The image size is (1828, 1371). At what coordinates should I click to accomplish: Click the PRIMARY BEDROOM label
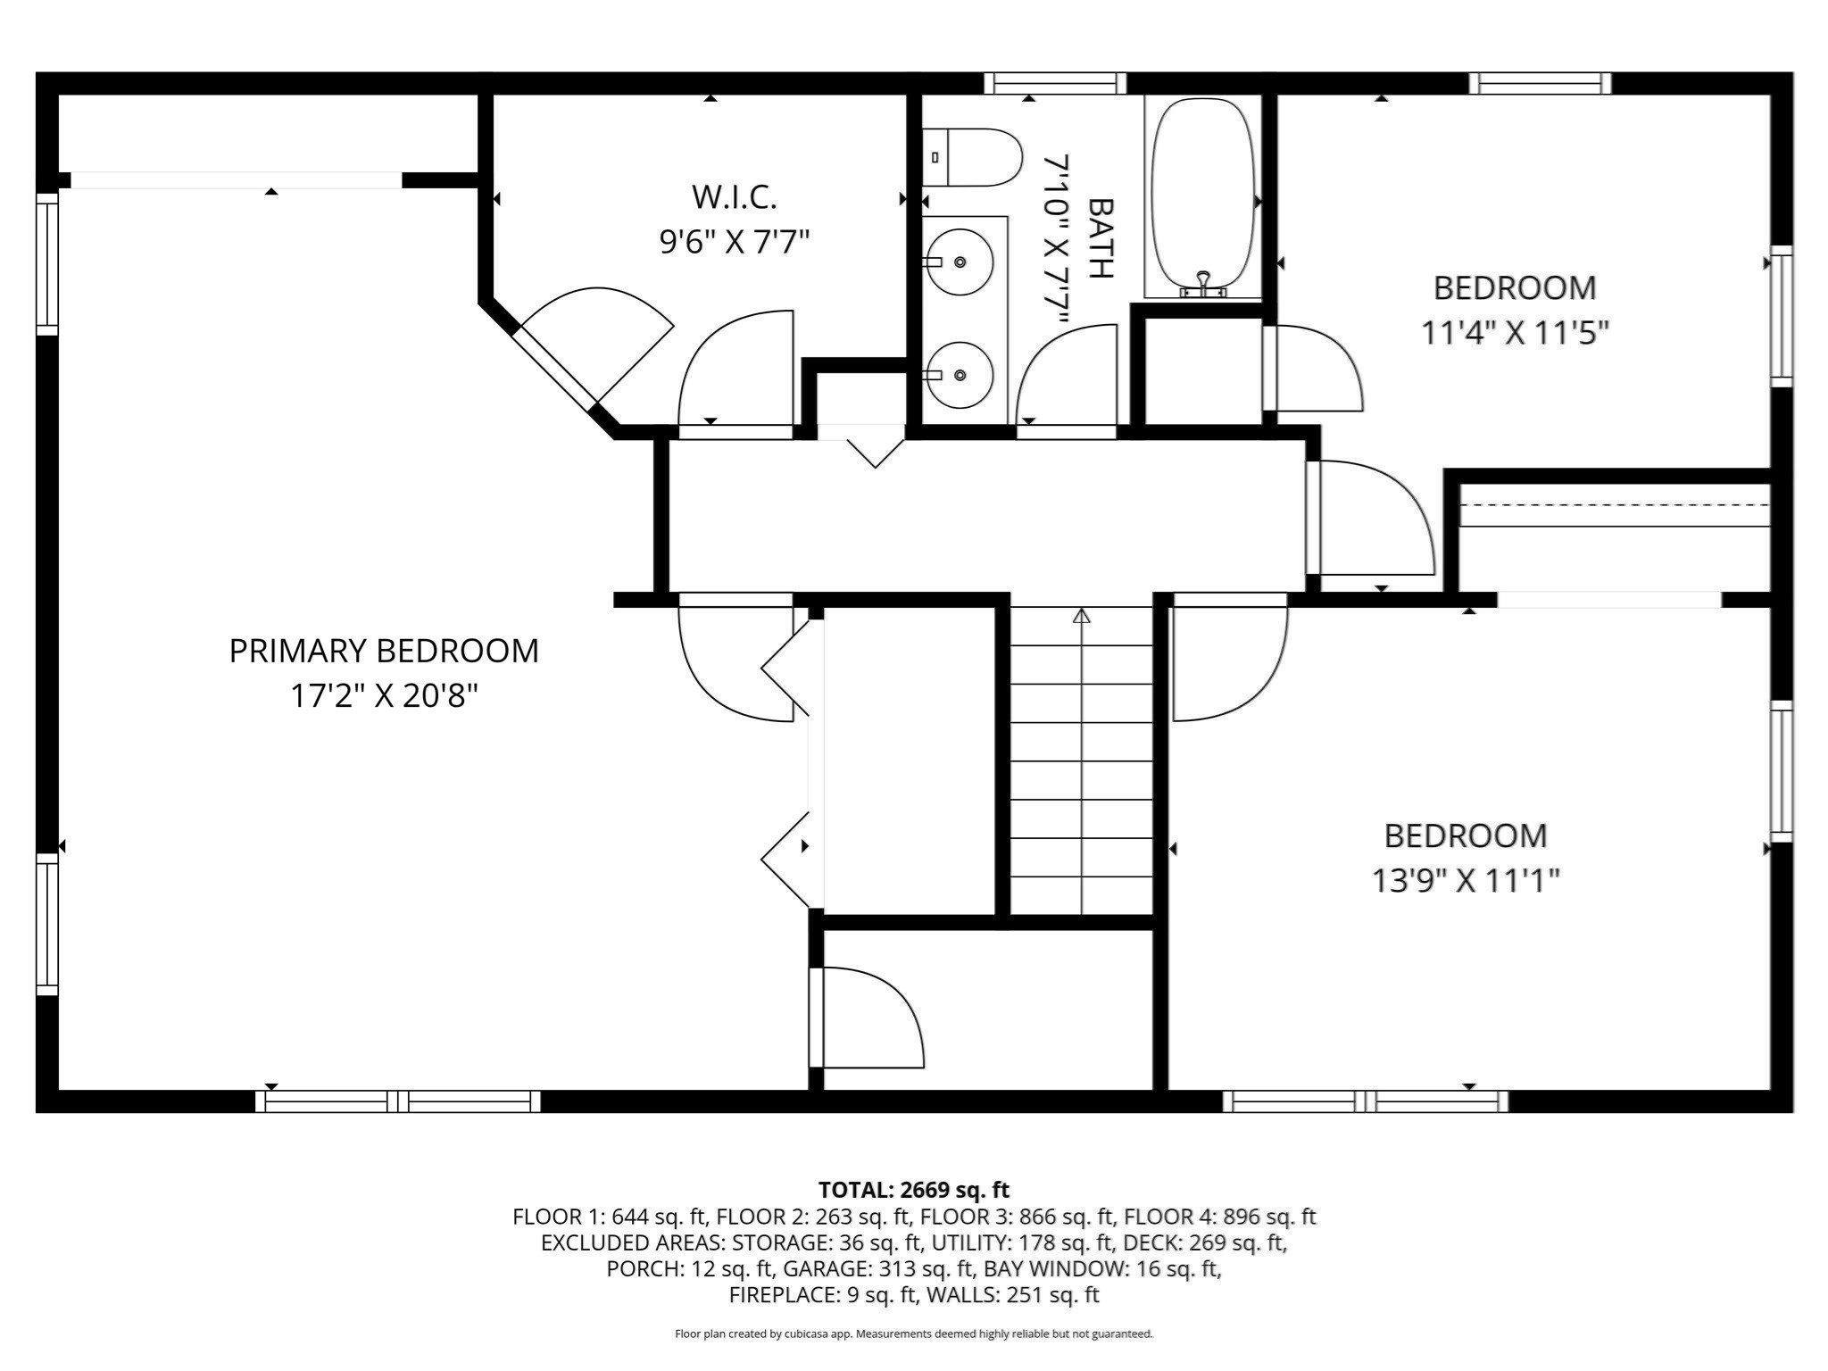coord(384,651)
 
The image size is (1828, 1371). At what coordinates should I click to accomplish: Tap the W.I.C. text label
coord(734,197)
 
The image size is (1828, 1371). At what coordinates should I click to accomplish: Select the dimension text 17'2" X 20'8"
coord(384,696)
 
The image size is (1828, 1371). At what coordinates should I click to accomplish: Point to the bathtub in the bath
coord(1202,196)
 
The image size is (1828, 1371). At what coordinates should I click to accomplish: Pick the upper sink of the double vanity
coord(960,262)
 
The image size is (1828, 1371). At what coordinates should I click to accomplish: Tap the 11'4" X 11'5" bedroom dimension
coord(1515,334)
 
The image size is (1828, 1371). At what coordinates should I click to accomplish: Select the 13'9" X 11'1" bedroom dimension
coord(1465,882)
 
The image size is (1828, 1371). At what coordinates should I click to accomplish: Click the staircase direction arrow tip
coord(1082,614)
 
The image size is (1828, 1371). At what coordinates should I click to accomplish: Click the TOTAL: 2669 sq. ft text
coord(913,1190)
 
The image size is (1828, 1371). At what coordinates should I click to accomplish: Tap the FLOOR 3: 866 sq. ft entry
coord(1017,1217)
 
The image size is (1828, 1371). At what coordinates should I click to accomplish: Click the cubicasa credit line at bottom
coord(913,1334)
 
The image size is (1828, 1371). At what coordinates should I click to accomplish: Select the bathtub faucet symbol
coord(1203,284)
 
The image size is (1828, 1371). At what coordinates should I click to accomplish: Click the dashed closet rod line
coord(1614,504)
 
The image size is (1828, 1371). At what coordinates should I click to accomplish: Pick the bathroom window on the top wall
coord(1055,84)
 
